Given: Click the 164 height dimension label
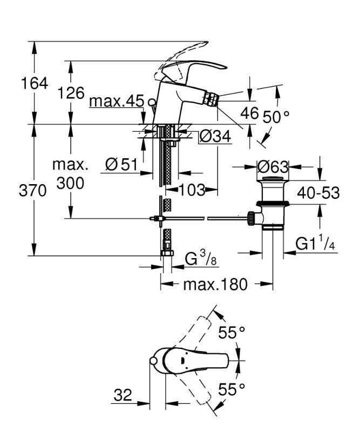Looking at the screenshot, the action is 35,83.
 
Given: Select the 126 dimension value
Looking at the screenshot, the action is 71,93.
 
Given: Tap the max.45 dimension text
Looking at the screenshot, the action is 117,101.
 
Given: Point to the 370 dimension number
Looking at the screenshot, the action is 32,191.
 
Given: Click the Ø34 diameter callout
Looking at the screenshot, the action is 215,136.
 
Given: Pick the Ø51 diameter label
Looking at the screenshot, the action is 121,165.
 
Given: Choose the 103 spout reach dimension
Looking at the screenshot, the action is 192,190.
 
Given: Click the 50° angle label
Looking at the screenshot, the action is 276,117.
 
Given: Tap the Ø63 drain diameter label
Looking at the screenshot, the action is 273,167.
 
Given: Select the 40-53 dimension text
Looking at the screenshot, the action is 318,193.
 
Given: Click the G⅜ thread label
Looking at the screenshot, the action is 200,259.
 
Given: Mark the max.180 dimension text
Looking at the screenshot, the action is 215,285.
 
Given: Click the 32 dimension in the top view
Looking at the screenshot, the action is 123,395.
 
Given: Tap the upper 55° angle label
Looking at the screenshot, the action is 232,332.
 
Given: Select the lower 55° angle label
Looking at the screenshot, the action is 232,389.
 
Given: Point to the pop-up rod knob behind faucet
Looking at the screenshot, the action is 152,102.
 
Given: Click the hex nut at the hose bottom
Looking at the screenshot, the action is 167,253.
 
